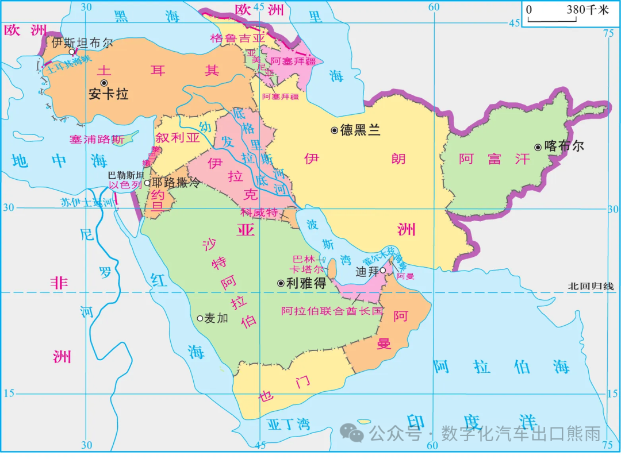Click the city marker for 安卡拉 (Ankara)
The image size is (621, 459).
pyautogui.click(x=104, y=83)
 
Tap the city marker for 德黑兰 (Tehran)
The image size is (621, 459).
pyautogui.click(x=334, y=130)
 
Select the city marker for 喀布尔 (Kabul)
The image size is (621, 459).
pyautogui.click(x=538, y=147)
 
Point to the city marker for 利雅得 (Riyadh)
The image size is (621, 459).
pyautogui.click(x=281, y=283)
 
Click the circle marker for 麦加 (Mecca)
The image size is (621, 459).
pyautogui.click(x=200, y=318)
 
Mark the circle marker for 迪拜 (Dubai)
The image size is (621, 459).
pyautogui.click(x=382, y=270)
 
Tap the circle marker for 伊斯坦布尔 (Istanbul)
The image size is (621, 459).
pyautogui.click(x=71, y=52)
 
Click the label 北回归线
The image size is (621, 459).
pyautogui.click(x=590, y=286)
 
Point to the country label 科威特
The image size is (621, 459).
pyautogui.click(x=259, y=213)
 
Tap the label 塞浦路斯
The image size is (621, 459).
pyautogui.click(x=97, y=140)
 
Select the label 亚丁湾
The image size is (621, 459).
pyautogui.click(x=289, y=425)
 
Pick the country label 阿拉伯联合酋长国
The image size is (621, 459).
pyautogui.click(x=332, y=311)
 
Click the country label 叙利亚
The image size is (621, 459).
pyautogui.click(x=177, y=138)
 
